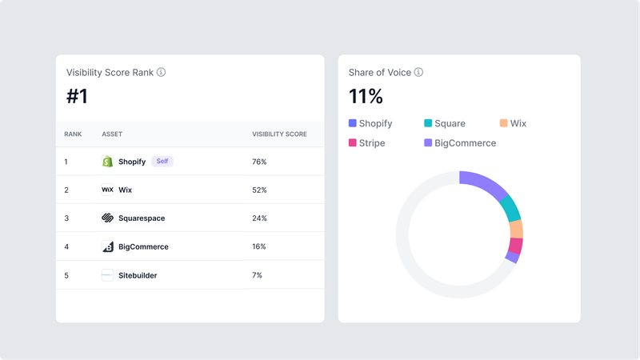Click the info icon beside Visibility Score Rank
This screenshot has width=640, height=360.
(x=161, y=72)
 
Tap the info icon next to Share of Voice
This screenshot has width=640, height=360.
(x=418, y=72)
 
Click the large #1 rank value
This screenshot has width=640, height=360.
(x=78, y=97)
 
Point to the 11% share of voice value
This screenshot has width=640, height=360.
(x=366, y=97)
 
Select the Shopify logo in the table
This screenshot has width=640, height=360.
(x=108, y=162)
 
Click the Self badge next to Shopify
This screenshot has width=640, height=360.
(x=162, y=162)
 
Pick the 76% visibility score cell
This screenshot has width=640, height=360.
(x=259, y=162)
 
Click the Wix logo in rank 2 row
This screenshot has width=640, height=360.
(x=108, y=190)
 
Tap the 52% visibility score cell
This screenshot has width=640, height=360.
(x=259, y=190)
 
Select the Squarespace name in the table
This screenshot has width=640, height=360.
(x=142, y=218)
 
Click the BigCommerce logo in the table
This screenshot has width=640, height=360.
(x=108, y=246)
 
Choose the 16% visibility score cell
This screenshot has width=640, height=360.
(x=259, y=246)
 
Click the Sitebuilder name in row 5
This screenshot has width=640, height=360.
(x=138, y=275)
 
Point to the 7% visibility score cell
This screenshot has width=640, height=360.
(x=258, y=275)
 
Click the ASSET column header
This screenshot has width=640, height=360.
(x=112, y=134)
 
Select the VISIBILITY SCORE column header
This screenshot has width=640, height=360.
(x=279, y=134)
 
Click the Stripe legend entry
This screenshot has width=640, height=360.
(x=367, y=143)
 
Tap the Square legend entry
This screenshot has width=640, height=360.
(x=445, y=123)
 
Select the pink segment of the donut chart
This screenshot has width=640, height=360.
(x=516, y=246)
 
